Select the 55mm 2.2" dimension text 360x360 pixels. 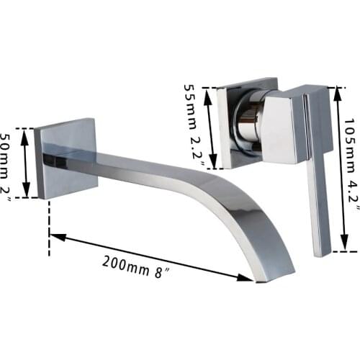[x=192, y=122]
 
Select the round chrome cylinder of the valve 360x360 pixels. [x=247, y=123]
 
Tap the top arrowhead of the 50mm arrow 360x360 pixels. [x=26, y=132]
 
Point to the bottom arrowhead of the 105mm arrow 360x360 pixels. [x=335, y=248]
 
